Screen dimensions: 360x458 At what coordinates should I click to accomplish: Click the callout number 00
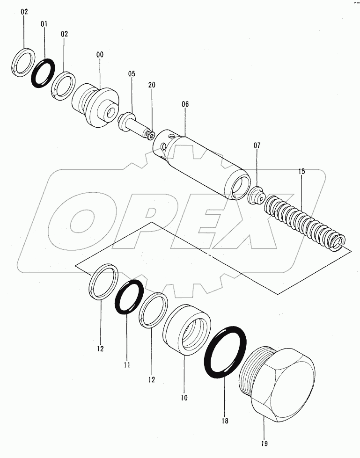click(100, 55)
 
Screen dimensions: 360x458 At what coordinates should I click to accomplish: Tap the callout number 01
click(44, 23)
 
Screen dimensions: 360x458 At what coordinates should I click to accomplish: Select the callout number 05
click(132, 73)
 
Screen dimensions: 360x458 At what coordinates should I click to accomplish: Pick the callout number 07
click(257, 146)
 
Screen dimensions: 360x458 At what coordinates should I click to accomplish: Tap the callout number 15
click(301, 172)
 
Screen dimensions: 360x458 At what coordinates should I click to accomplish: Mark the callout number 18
click(225, 421)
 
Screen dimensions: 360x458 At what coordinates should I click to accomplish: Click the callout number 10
click(184, 398)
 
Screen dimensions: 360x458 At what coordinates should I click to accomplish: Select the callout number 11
click(127, 363)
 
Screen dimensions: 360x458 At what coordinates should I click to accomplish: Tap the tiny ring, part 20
click(149, 135)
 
